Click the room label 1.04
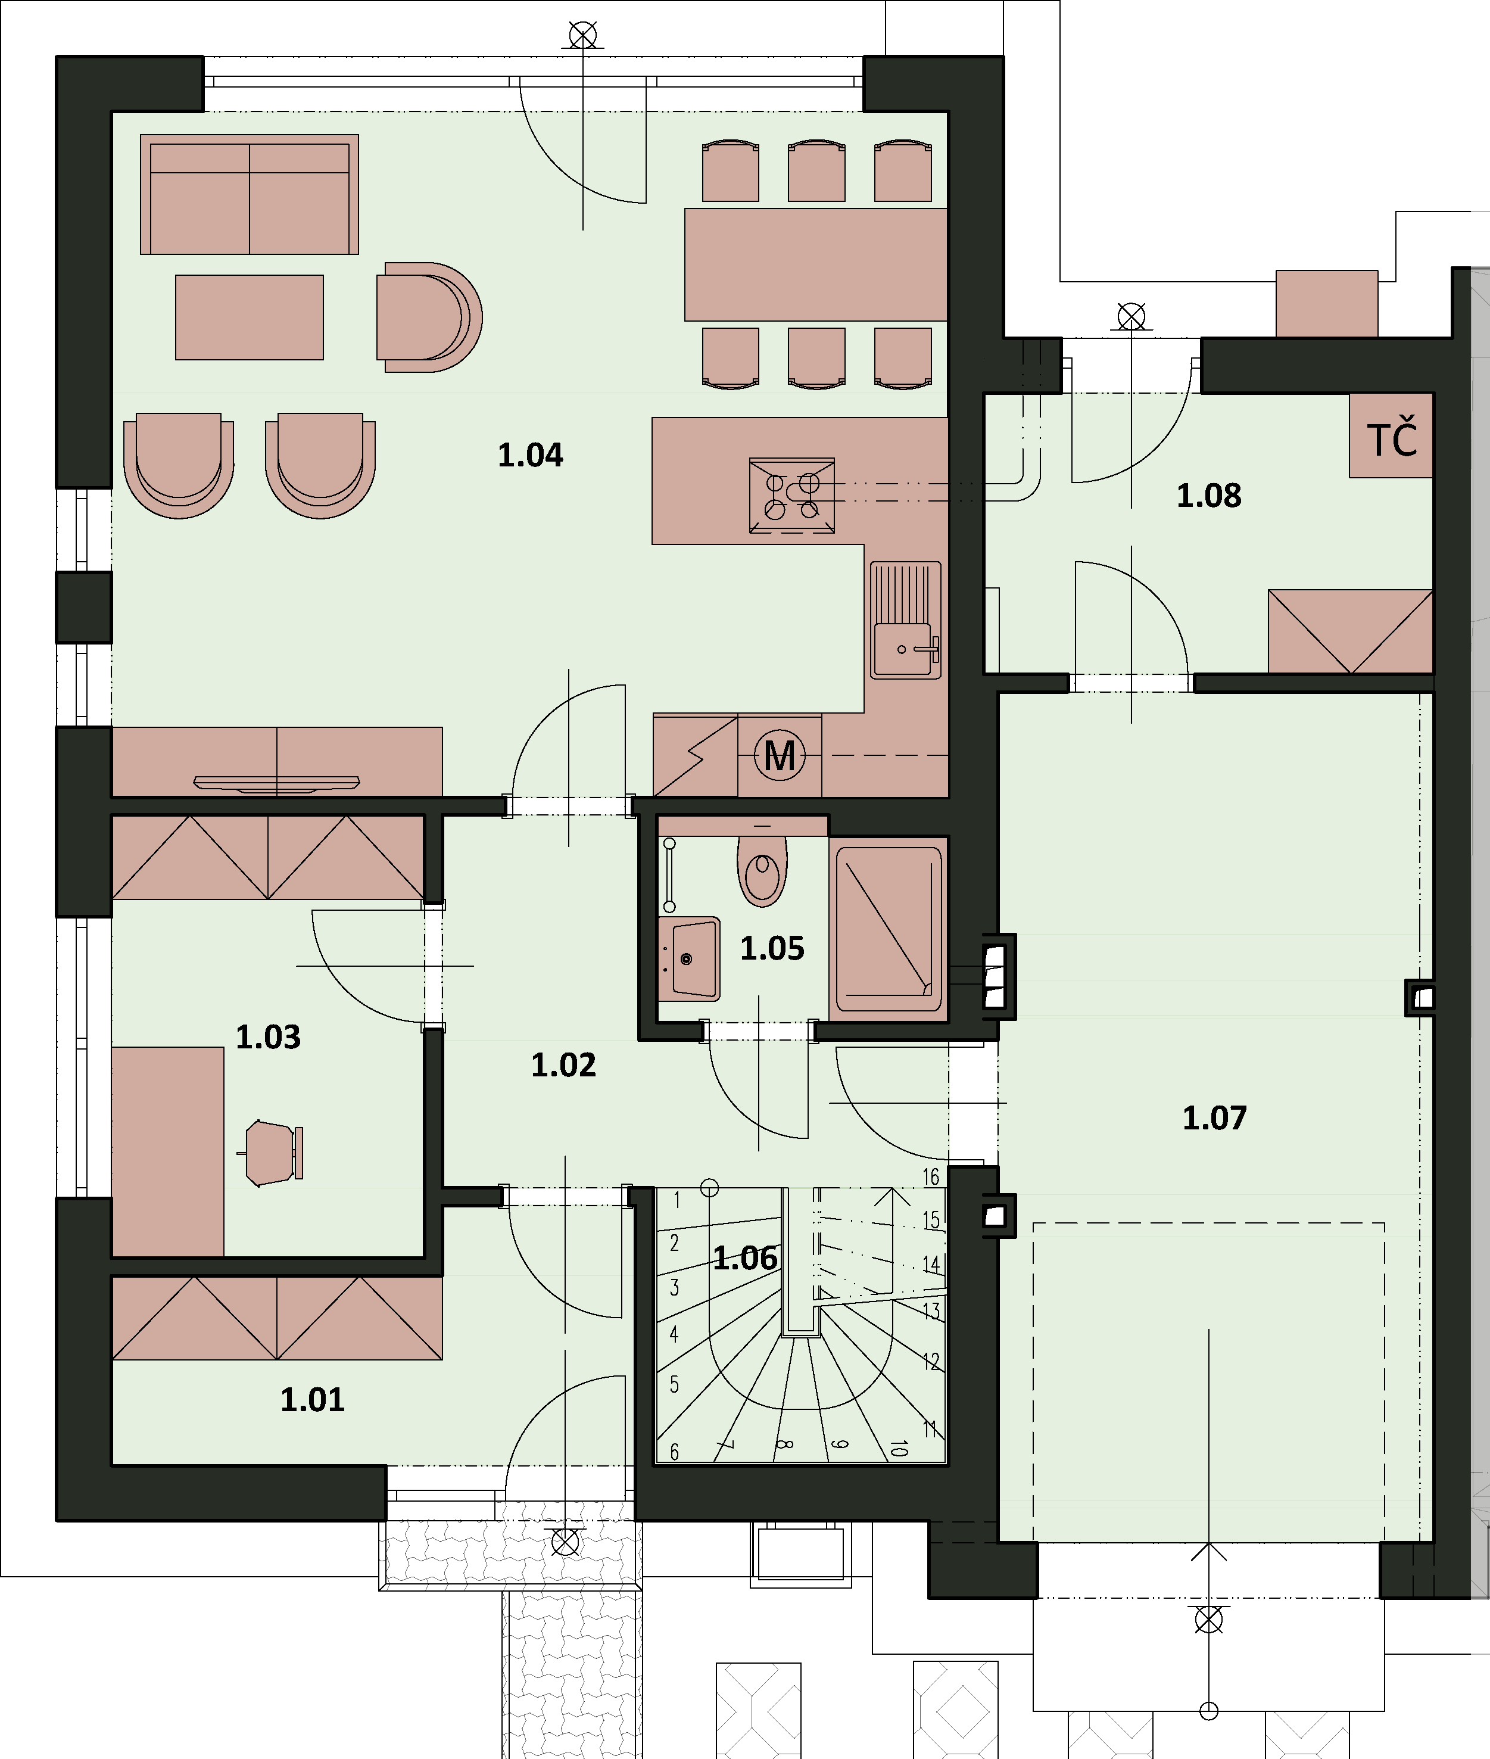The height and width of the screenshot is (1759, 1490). (x=531, y=455)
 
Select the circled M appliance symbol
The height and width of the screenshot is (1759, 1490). (x=779, y=755)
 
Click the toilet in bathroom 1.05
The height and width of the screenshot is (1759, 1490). (x=763, y=869)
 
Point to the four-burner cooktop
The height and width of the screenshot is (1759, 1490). (x=791, y=497)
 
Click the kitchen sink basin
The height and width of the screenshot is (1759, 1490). (x=902, y=649)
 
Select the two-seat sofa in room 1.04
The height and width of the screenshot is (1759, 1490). (x=249, y=194)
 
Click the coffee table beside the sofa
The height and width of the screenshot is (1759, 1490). (x=249, y=317)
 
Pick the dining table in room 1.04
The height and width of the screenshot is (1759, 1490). (x=815, y=264)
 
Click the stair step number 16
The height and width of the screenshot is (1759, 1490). (x=931, y=1177)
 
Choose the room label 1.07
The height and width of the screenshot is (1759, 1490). (x=1214, y=1117)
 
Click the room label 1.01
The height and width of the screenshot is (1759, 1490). (x=313, y=1400)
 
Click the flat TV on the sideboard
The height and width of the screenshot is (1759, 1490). (x=277, y=783)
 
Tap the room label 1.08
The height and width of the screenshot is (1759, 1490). (x=1209, y=496)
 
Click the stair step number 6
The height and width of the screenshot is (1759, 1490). (x=674, y=1452)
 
